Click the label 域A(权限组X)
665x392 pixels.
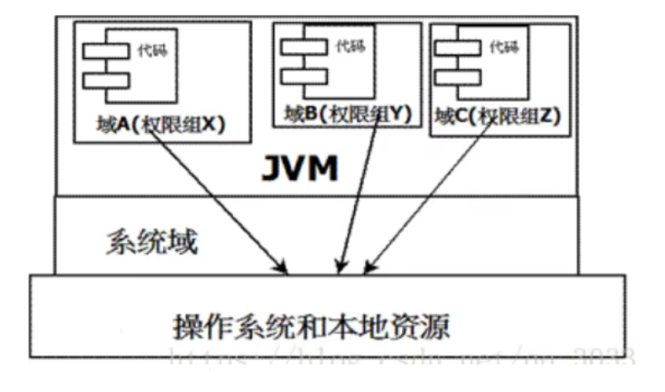162,124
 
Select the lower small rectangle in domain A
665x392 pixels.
105,81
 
